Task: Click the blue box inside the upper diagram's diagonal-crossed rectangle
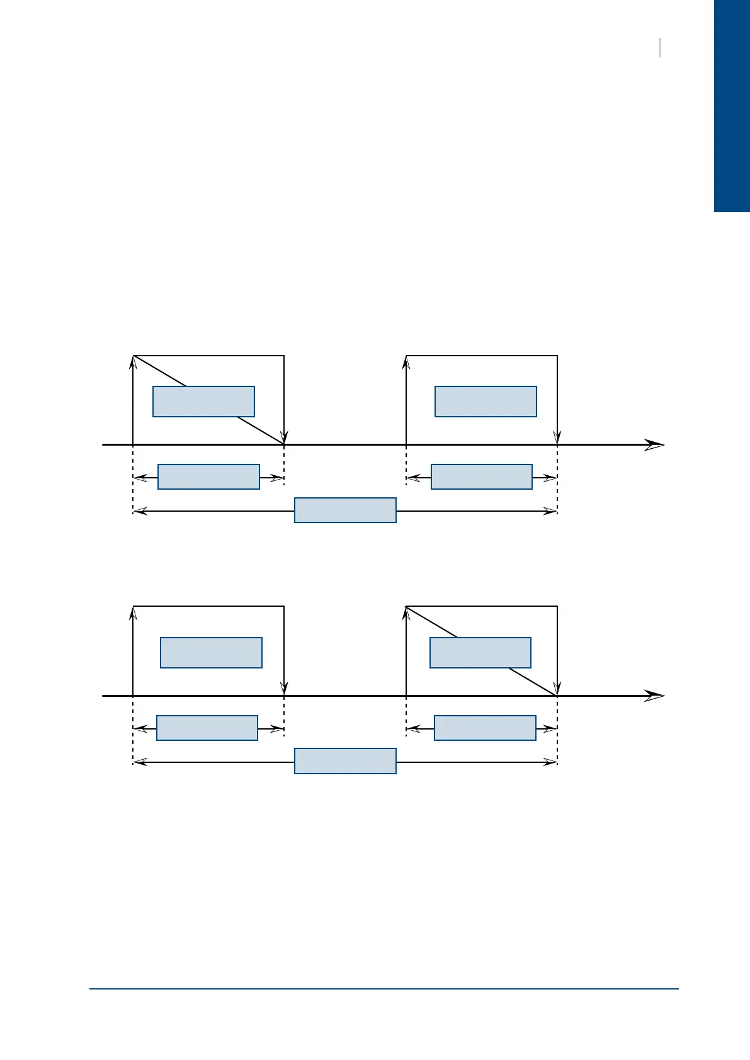click(x=203, y=402)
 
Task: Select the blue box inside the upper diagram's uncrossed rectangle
click(x=486, y=402)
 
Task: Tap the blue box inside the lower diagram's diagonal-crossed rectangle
click(x=480, y=653)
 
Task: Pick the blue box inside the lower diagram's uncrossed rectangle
click(x=211, y=653)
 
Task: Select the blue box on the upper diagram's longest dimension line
click(x=345, y=510)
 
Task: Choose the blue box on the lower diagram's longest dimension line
click(x=345, y=761)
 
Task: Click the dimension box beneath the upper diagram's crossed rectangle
click(x=208, y=477)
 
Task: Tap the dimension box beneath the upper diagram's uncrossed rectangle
click(x=482, y=477)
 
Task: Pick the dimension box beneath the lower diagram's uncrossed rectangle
click(x=207, y=728)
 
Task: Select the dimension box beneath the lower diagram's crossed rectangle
click(x=485, y=728)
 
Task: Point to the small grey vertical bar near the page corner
click(x=659, y=48)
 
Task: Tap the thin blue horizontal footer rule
click(x=384, y=989)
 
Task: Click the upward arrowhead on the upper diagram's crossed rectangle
click(x=134, y=362)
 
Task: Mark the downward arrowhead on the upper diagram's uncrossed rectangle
click(x=557, y=437)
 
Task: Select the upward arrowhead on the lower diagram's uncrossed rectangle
click(x=134, y=613)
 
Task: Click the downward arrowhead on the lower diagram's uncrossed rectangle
click(x=285, y=689)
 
